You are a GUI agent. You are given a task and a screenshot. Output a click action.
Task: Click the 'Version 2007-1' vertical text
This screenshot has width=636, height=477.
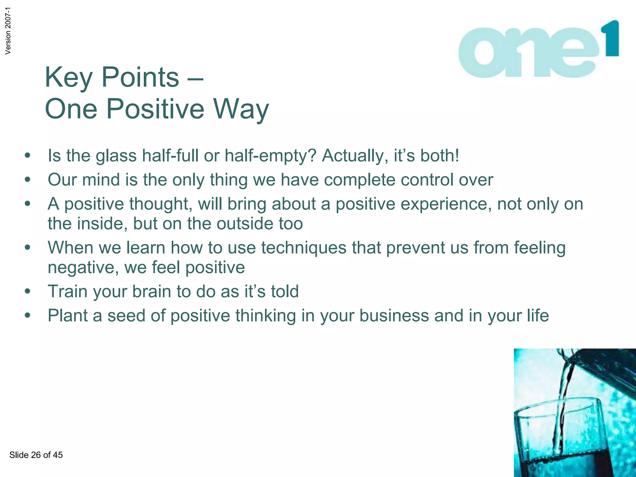[8, 31]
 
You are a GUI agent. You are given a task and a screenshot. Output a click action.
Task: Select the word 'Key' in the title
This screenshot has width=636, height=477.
[68, 78]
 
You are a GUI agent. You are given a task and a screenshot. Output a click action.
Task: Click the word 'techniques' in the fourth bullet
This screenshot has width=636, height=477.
[303, 248]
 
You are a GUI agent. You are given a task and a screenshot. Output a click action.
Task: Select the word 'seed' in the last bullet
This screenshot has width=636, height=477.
[126, 316]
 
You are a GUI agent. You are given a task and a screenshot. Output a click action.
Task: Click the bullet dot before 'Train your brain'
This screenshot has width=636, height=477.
[28, 292]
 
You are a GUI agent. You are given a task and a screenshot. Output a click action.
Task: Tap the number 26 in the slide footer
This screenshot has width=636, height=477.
[36, 455]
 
